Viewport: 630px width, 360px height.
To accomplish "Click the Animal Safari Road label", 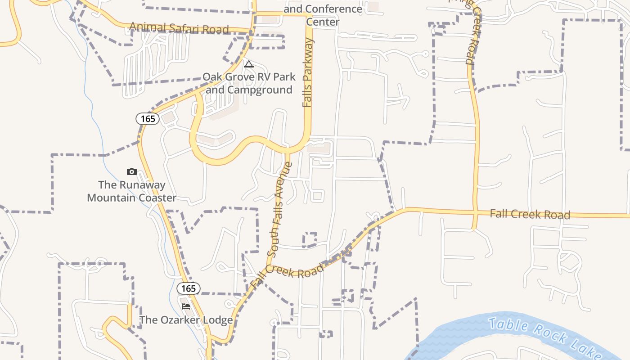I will click(x=179, y=28).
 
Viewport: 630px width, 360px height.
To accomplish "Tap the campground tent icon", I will click(x=248, y=64).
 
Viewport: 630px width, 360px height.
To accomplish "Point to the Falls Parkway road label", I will click(x=307, y=73).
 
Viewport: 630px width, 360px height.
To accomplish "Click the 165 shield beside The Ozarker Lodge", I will click(x=189, y=288).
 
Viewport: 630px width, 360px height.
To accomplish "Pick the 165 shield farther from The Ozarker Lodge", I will click(x=148, y=119).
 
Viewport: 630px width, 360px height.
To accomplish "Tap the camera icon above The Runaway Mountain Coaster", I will click(x=131, y=171).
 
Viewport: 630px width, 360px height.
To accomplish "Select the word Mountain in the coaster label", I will click(x=112, y=198).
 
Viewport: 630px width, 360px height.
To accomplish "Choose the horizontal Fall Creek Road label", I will click(x=530, y=214).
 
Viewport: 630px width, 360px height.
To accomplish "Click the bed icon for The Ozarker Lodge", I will click(x=185, y=306).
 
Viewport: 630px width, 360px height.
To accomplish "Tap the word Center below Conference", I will click(x=323, y=22).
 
